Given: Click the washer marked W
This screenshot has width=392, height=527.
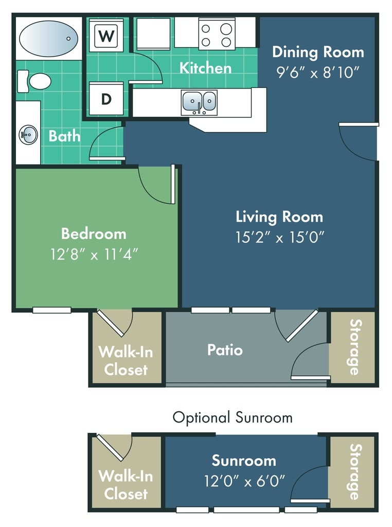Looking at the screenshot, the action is pos(106,35).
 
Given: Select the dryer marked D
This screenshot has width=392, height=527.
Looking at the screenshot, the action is pos(106,99).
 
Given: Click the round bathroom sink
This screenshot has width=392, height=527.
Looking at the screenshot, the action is pos(28,135).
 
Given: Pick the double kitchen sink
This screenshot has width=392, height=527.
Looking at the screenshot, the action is pos(199,102).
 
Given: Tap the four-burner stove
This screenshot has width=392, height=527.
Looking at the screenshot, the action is pos(217,34).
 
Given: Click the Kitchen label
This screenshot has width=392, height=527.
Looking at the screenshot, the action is pos(206,68).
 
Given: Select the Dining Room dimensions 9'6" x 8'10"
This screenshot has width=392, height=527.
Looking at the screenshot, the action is pos(318,72).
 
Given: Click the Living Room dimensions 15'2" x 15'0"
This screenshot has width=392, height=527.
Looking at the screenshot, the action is pos(279,237).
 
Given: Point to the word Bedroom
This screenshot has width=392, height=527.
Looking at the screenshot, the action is pos(94,234).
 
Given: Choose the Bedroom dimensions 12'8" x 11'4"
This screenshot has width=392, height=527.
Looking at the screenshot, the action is pos(94,254).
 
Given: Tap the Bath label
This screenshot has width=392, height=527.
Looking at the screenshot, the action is pos(64,136).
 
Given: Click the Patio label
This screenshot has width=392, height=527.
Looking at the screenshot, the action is pos(225,350).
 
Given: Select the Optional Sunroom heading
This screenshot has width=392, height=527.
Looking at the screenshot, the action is pos(233,417).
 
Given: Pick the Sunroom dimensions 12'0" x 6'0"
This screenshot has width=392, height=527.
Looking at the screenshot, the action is pos(244,481).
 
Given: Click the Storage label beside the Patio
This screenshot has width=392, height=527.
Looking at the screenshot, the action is pos(355,347).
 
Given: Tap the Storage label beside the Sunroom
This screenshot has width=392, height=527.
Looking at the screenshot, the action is pos(355,472).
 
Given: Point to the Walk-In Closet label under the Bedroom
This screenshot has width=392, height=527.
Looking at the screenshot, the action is pos(126,361).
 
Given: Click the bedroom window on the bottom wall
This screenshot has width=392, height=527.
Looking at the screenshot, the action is pos(52,310).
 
